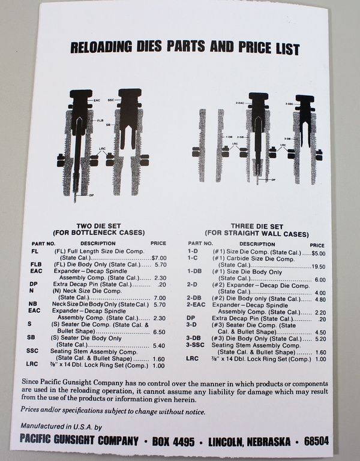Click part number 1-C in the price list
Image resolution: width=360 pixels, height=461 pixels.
tap(193, 258)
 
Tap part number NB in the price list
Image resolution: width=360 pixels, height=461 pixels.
tap(33, 304)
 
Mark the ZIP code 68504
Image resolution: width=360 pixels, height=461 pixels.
tap(315, 441)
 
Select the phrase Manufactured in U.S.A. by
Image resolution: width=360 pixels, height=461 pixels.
tap(52, 426)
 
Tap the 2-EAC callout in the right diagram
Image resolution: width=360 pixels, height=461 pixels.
tap(239, 104)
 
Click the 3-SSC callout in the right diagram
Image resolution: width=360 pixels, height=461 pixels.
tap(287, 103)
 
